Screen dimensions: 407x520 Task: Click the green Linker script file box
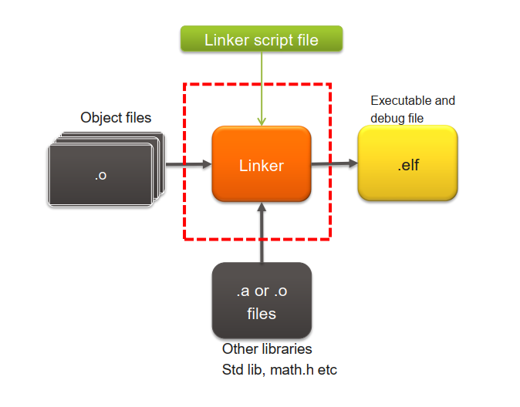[261, 40]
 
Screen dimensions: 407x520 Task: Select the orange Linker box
[262, 164]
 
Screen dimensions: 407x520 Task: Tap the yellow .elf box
[408, 163]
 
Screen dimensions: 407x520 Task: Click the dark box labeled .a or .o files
[262, 301]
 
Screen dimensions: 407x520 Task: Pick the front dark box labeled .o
[100, 175]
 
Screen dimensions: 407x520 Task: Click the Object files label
[116, 117]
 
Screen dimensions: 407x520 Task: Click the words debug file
[397, 118]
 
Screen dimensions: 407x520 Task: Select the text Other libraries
[267, 349]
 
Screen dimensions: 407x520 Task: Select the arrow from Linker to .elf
[334, 163]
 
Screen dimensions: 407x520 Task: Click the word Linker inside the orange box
[262, 165]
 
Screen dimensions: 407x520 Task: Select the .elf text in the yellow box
[408, 164]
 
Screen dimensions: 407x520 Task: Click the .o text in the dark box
[100, 175]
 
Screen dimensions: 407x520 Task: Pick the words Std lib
[243, 369]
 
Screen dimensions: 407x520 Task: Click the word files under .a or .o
[262, 313]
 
